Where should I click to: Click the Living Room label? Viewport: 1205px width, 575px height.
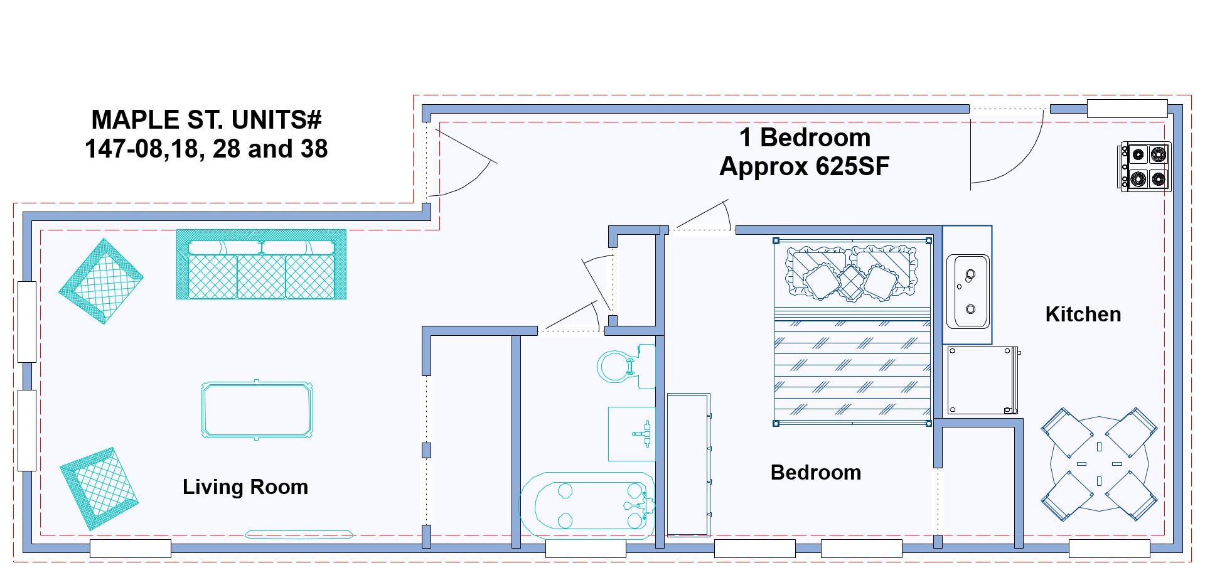[245, 487]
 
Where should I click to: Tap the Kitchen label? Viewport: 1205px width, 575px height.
[1083, 314]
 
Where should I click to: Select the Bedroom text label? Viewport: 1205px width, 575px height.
[816, 472]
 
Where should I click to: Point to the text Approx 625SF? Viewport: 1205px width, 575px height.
[805, 166]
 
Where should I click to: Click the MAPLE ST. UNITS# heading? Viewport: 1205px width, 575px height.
[206, 119]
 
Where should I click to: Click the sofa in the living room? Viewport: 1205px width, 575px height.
[261, 264]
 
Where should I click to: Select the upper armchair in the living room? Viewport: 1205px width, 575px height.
[101, 281]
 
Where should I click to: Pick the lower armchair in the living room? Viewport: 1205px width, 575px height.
[99, 488]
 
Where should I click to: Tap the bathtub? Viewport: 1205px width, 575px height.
[587, 505]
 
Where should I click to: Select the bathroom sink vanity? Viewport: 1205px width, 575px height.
[631, 434]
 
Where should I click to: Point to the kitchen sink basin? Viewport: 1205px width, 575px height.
[968, 291]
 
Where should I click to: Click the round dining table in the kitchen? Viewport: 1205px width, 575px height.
[1099, 465]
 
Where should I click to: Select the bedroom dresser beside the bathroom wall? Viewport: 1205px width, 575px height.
[688, 465]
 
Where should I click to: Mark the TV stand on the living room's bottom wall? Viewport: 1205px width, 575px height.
[299, 535]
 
